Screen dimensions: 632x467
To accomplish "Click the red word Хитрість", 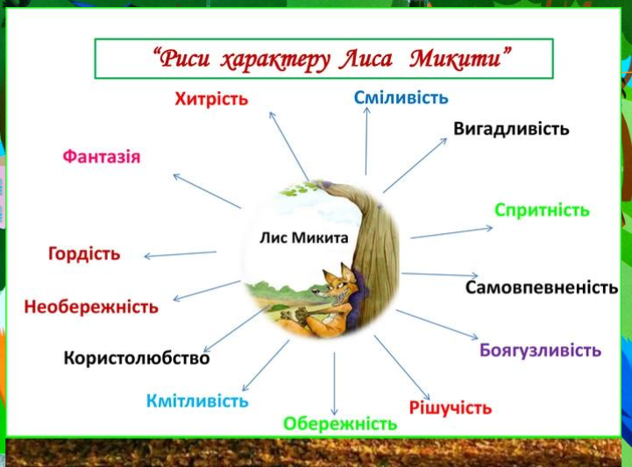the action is pos(211,99).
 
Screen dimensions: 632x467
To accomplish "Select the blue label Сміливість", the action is pos(401,98).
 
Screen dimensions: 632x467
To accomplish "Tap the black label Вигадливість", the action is pos(511,129).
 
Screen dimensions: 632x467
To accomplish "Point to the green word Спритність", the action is pos(542,210).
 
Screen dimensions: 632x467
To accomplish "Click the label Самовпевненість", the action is pos(542,287).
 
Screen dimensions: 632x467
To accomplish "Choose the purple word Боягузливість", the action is pos(540,350).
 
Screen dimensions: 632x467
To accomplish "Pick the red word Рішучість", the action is pos(451,408).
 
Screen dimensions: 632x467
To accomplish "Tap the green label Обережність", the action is pos(340,424).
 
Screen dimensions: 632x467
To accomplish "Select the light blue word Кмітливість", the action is pos(197,401).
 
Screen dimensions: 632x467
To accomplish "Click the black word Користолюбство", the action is pos(137,358).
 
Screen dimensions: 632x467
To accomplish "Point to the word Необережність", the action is pos(91,307).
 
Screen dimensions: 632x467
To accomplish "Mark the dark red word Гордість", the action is pos(84,254).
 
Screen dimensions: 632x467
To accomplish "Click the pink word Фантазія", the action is pos(102,157).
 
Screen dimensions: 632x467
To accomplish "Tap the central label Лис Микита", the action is pos(304,237).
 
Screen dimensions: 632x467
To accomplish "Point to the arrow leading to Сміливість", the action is pos(366,141).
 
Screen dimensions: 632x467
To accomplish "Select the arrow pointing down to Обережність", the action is pos(334,384).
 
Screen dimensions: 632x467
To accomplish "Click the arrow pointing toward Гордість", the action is pos(181,254).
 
